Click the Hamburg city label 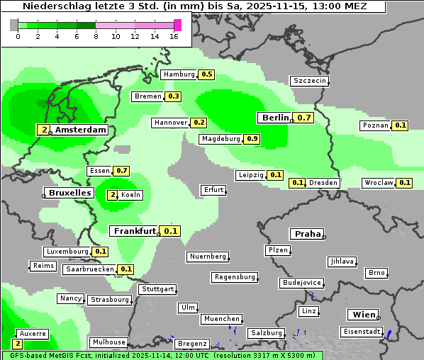point(179,74)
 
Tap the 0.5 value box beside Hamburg point(206,74)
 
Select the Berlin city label point(274,118)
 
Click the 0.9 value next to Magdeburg point(252,139)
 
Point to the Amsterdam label point(80,130)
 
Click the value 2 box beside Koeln point(112,195)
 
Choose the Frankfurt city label point(135,231)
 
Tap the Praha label point(308,234)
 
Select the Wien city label point(364,315)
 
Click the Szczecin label point(309,81)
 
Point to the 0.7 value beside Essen point(121,171)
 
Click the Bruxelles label point(69,193)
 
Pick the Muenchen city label point(221,320)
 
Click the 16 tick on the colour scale point(174,36)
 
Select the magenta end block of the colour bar point(177,25)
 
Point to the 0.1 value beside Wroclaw point(404,183)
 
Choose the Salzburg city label point(266,333)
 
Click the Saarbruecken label point(89,269)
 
